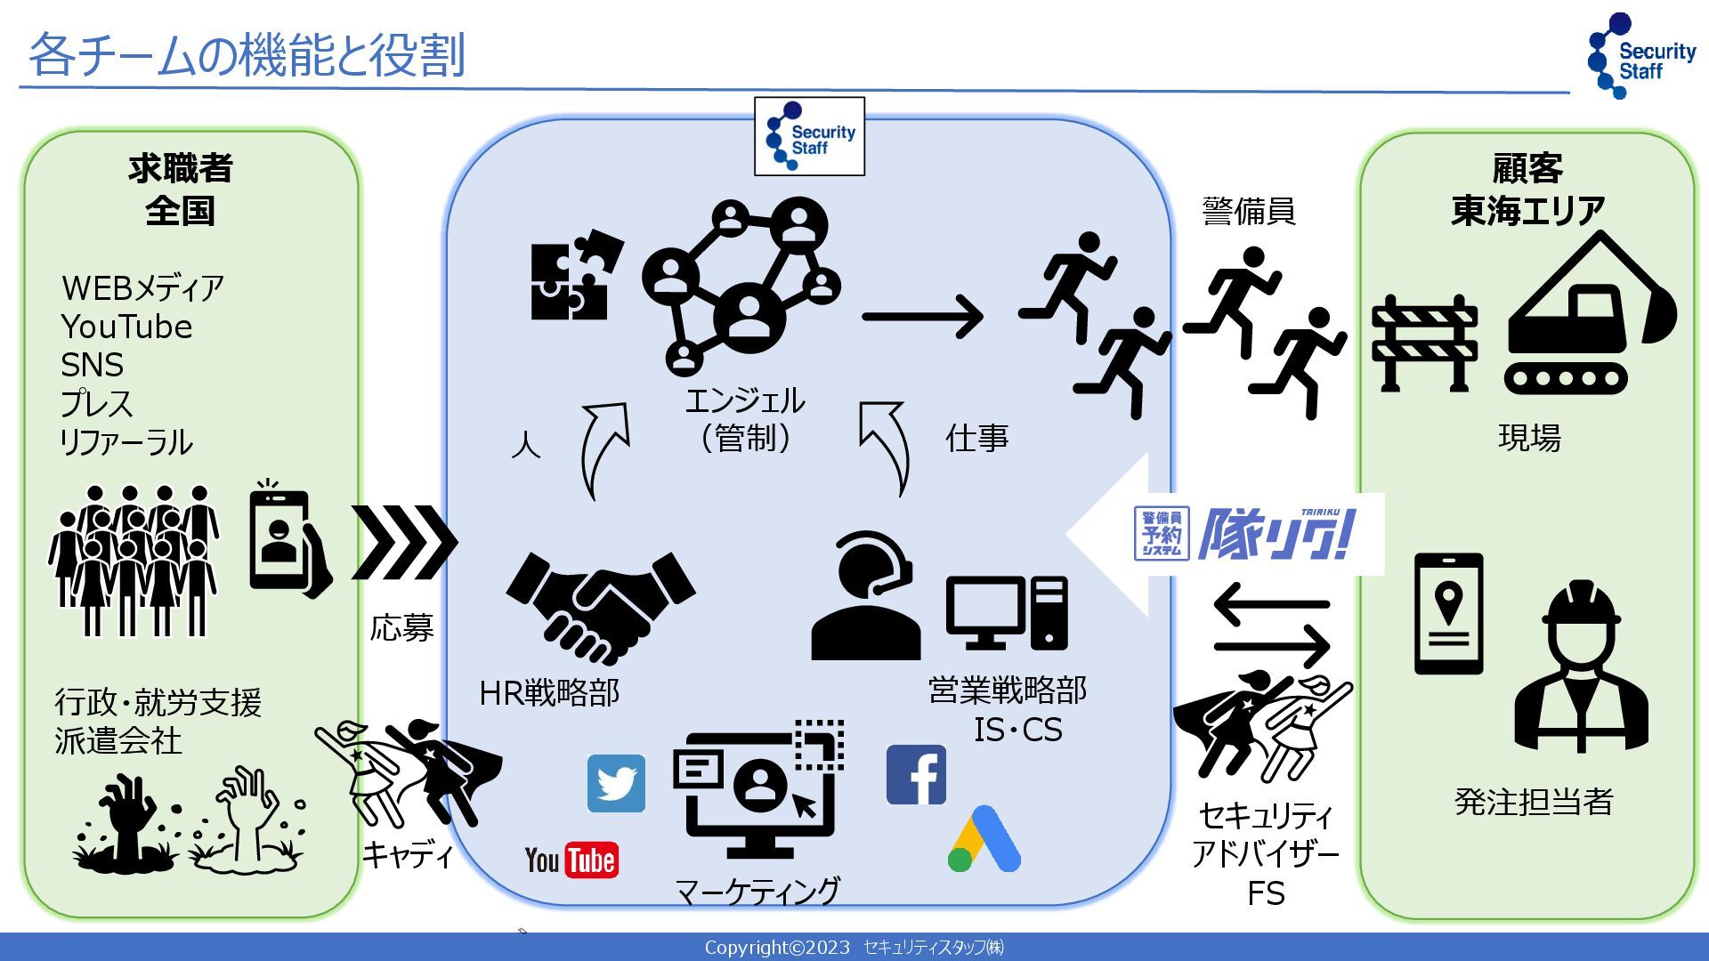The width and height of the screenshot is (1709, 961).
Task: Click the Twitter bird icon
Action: (x=616, y=784)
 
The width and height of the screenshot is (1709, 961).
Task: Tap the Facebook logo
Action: (x=916, y=775)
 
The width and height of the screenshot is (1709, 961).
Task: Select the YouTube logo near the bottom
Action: (x=571, y=860)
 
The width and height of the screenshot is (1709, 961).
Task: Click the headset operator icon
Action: (x=866, y=596)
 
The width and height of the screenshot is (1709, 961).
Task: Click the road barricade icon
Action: (x=1424, y=343)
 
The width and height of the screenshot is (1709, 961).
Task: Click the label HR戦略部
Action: (x=549, y=693)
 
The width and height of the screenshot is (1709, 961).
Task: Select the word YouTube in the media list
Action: (x=126, y=327)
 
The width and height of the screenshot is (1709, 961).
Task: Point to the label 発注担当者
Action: (x=1533, y=802)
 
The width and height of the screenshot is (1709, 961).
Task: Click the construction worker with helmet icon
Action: (x=1581, y=667)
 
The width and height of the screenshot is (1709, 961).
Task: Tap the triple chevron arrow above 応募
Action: (x=403, y=542)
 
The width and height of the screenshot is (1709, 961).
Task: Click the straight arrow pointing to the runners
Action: (x=922, y=316)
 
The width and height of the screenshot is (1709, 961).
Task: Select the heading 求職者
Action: (x=181, y=168)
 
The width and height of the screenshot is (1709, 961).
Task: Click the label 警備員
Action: (x=1249, y=211)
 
